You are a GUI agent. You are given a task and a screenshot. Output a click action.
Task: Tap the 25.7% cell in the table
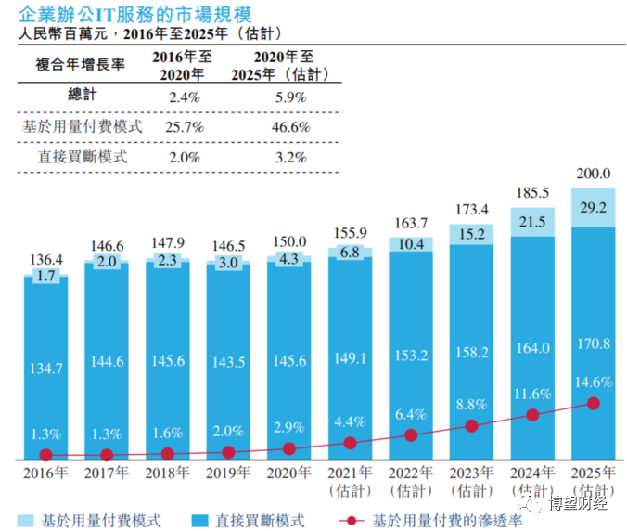[x=185, y=127]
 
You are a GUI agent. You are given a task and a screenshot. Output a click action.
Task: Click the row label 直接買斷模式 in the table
[x=84, y=157]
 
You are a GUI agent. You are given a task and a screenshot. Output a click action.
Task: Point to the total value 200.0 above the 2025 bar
[x=594, y=173]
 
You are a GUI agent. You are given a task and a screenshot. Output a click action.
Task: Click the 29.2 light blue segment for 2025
[x=594, y=208]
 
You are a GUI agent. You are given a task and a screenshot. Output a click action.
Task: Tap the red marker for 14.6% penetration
[x=594, y=403]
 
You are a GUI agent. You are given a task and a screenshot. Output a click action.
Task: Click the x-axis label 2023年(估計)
[x=471, y=479]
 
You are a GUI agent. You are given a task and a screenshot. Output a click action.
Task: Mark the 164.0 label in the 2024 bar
[x=532, y=348]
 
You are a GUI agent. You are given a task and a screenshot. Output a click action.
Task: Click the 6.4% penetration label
[x=411, y=413]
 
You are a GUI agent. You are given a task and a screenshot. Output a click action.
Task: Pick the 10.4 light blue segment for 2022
[x=411, y=243]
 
